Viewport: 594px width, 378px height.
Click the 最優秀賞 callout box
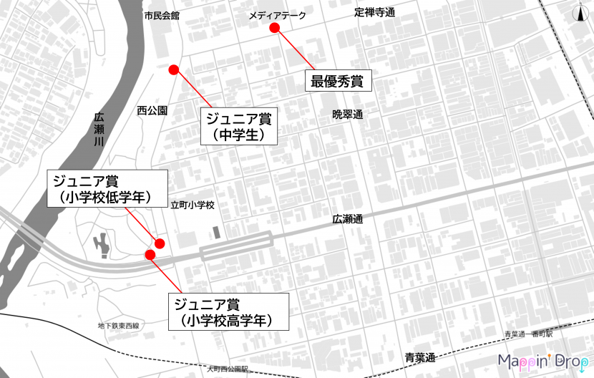click(x=337, y=81)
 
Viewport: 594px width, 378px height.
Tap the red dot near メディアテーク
click(x=273, y=28)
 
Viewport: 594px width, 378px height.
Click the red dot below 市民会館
click(x=173, y=69)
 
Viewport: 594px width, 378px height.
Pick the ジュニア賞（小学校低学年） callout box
click(x=107, y=188)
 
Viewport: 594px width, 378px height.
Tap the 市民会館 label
click(x=162, y=15)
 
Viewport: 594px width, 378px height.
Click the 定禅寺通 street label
click(x=375, y=12)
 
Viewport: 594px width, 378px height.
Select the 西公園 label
click(x=152, y=110)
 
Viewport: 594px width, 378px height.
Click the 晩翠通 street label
click(x=348, y=114)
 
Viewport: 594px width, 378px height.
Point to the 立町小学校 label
click(x=193, y=205)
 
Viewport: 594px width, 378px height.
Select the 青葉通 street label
click(x=420, y=357)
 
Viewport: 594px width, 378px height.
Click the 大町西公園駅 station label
click(x=227, y=369)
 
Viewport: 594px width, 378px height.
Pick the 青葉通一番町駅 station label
click(x=533, y=334)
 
